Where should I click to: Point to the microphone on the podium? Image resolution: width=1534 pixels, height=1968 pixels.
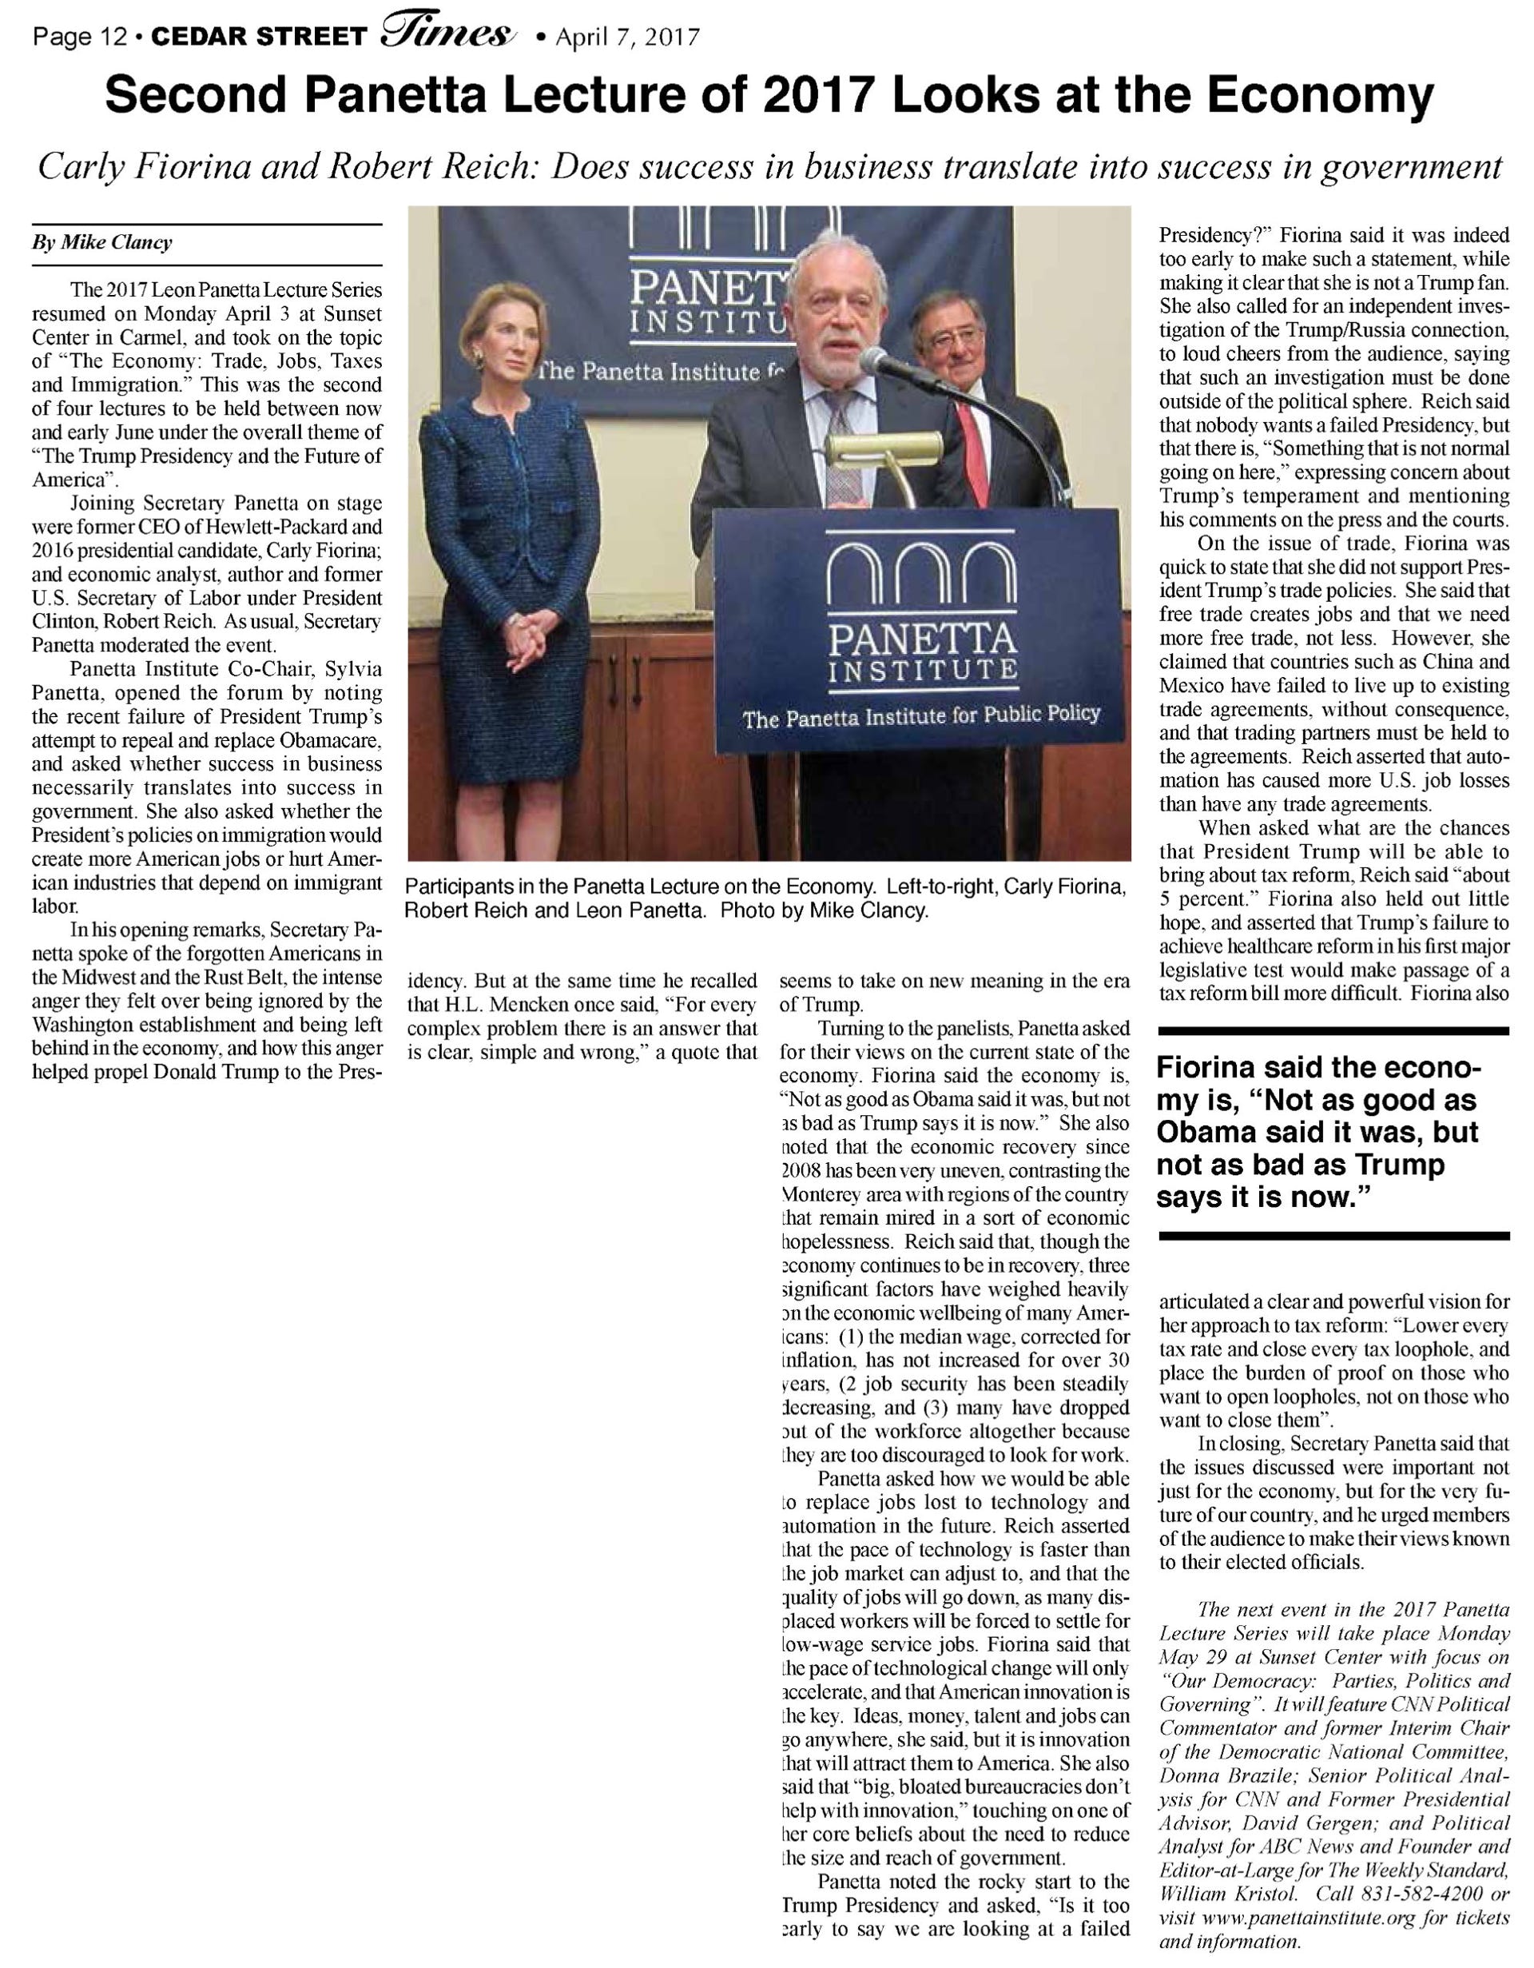pos(888,364)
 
